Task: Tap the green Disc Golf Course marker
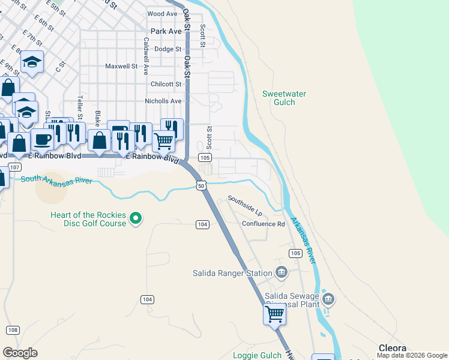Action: (136, 219)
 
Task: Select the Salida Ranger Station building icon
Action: (281, 273)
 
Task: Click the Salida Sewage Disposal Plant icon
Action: (328, 298)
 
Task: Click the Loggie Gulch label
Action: (254, 355)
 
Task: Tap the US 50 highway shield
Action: (201, 187)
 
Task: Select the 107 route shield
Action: (15, 166)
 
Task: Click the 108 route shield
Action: (13, 330)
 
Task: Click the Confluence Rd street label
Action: (263, 224)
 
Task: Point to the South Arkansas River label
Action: (56, 179)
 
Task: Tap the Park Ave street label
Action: (166, 31)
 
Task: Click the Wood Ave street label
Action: (162, 14)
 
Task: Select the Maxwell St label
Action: (122, 67)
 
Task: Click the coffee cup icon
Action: (42, 140)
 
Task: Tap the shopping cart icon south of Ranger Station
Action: (275, 314)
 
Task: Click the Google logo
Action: (20, 353)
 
